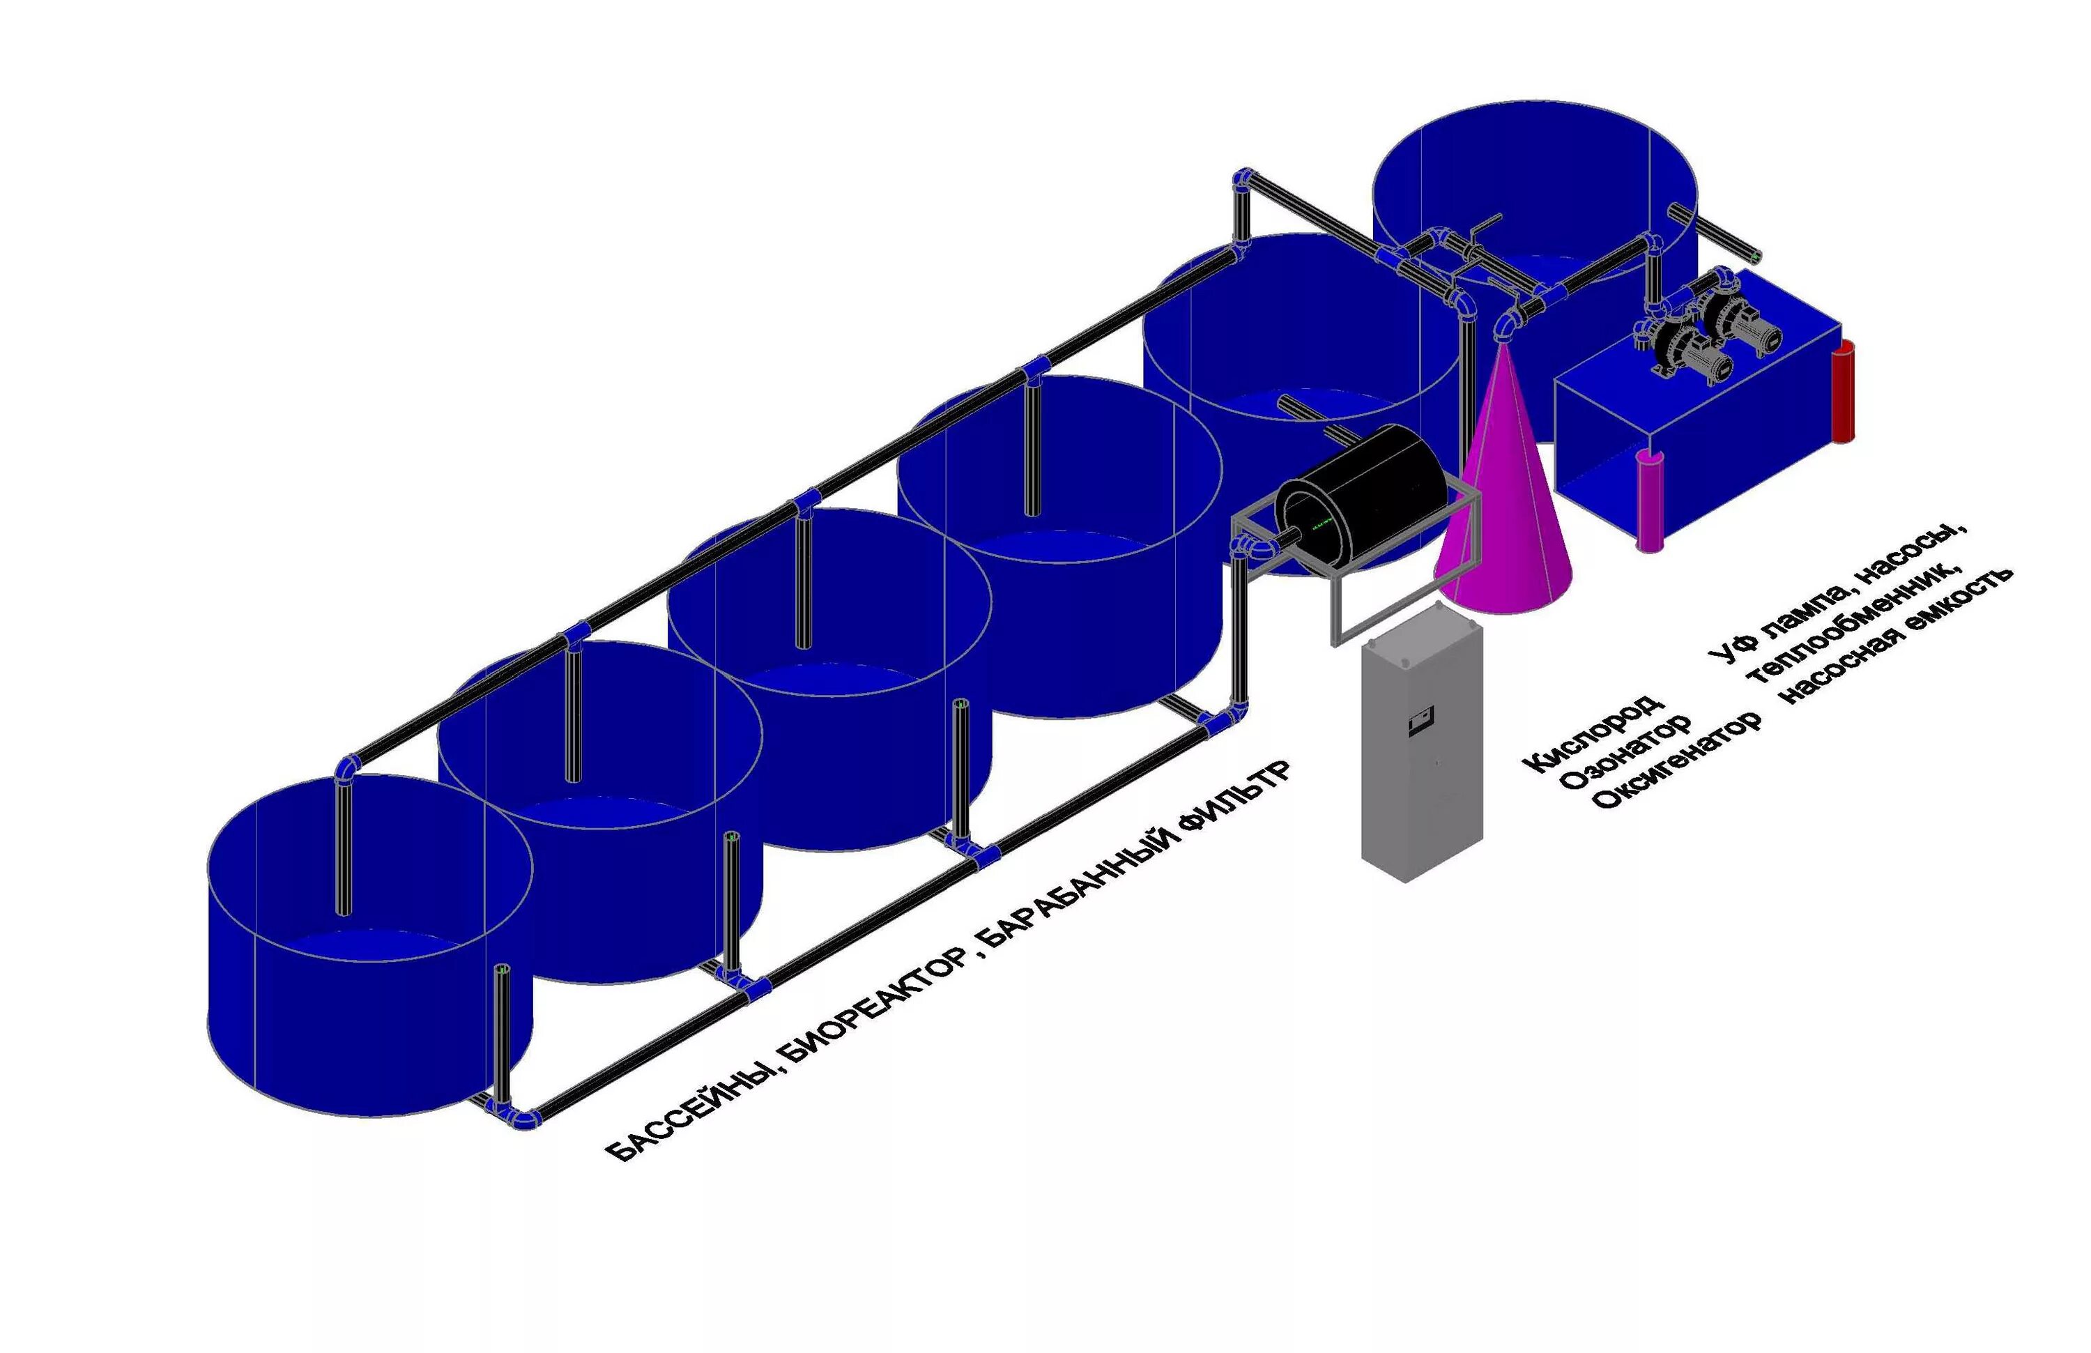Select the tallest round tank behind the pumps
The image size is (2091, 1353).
coord(1533,189)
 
